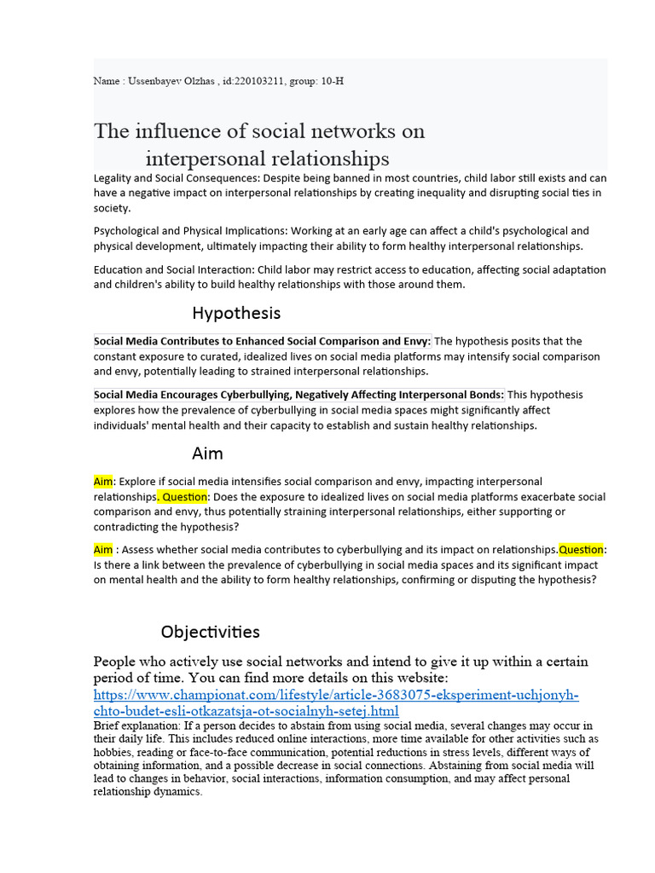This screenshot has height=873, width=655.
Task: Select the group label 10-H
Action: tap(333, 81)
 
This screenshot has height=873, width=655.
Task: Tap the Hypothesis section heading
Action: tap(236, 313)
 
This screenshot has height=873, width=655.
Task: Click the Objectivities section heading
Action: tap(210, 632)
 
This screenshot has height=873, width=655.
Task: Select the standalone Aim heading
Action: tap(207, 454)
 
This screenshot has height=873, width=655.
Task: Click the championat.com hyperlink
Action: tap(336, 703)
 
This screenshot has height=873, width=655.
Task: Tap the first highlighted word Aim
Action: tap(102, 482)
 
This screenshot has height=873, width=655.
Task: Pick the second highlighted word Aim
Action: tap(102, 549)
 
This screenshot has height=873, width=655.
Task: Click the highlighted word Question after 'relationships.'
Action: tap(184, 496)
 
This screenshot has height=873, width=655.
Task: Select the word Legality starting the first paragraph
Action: tap(115, 177)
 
